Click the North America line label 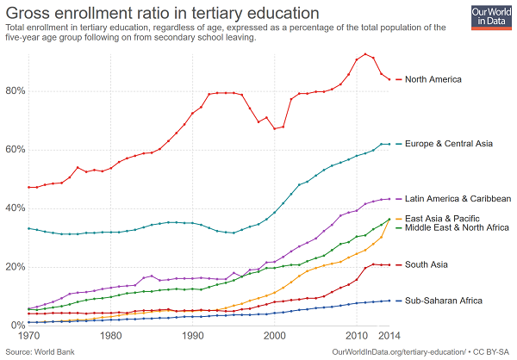433,79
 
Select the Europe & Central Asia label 448,144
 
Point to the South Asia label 427,264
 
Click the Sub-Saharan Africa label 443,301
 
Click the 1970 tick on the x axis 29,336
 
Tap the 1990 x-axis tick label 193,336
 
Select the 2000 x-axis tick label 275,336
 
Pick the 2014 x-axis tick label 389,336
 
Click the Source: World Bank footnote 39,351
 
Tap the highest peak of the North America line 365,54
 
